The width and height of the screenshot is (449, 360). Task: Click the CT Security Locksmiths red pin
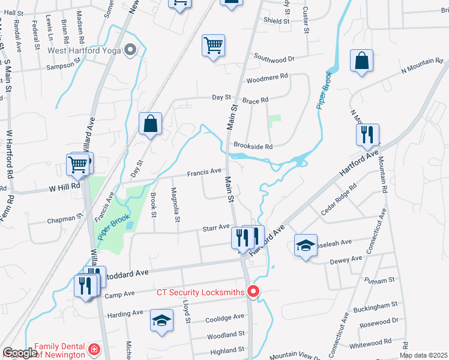(x=253, y=292)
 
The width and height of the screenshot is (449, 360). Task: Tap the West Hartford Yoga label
(x=85, y=50)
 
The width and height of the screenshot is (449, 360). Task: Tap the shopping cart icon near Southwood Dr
(x=213, y=45)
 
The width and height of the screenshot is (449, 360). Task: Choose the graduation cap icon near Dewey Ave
(x=306, y=245)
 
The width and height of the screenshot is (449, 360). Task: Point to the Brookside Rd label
(x=253, y=146)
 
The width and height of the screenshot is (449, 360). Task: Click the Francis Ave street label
(x=203, y=172)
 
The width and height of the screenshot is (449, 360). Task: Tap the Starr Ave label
(x=216, y=227)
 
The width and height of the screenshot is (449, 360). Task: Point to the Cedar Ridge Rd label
(x=339, y=199)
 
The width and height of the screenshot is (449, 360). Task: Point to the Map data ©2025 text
(x=423, y=355)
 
